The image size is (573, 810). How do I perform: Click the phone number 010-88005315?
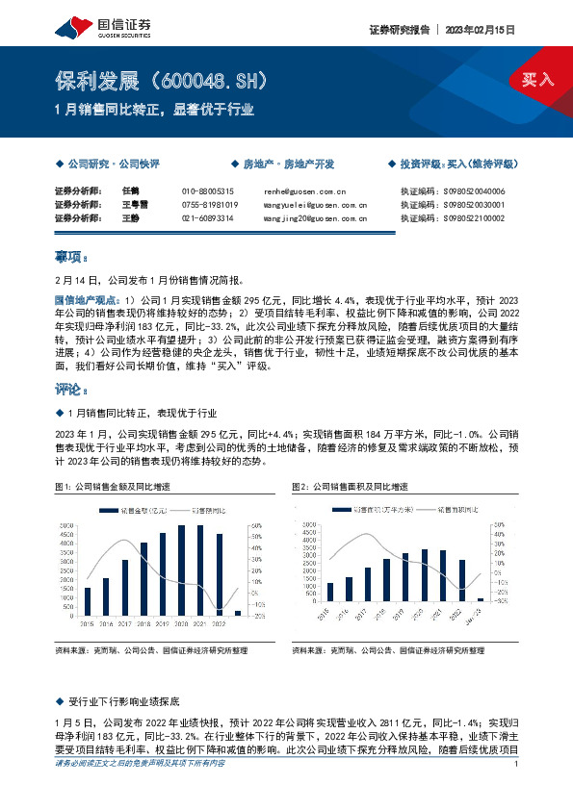click(208, 191)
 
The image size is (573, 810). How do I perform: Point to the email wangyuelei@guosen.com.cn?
click(315, 205)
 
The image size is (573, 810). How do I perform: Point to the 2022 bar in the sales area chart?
click(462, 581)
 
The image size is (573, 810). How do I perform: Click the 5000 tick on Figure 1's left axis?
click(66, 525)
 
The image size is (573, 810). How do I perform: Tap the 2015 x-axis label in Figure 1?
click(86, 623)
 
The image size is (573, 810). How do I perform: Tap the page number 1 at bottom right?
click(517, 791)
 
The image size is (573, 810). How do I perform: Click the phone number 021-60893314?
click(208, 218)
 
